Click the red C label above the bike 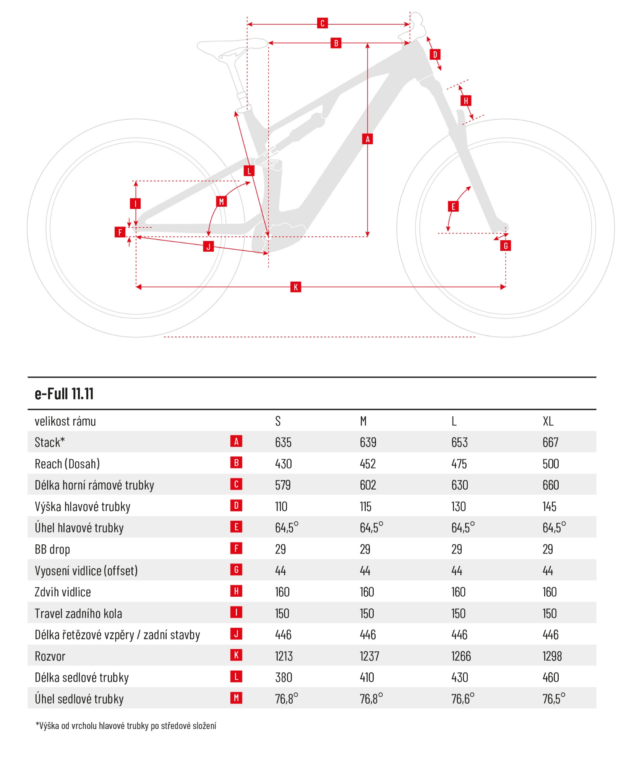tap(322, 23)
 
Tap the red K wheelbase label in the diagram tap(295, 287)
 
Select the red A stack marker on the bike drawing tap(367, 139)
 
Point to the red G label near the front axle tap(505, 246)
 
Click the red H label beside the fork tap(465, 101)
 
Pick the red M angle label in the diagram tap(221, 202)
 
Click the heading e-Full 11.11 tap(64, 394)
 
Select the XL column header tap(548, 421)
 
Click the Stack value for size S tap(283, 443)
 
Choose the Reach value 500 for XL tap(551, 464)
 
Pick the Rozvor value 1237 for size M tap(369, 656)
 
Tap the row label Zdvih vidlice tap(63, 592)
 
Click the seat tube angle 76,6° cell tap(462, 699)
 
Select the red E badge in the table tap(236, 527)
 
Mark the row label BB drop tap(52, 549)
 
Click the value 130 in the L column tap(458, 507)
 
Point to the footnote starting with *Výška tap(126, 726)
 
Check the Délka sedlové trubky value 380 tap(284, 678)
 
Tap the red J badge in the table tap(236, 634)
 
